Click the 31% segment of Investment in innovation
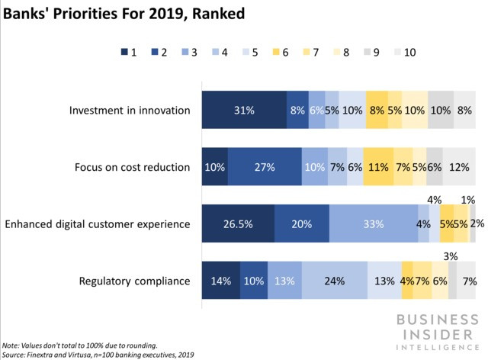click(x=243, y=110)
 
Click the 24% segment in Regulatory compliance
click(x=334, y=281)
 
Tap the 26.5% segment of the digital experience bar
click(x=237, y=223)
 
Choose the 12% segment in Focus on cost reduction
click(x=460, y=167)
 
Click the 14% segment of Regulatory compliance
click(x=220, y=281)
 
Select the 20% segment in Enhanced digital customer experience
click(x=301, y=223)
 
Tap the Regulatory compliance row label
click(x=134, y=281)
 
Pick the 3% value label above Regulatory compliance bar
click(x=451, y=256)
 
